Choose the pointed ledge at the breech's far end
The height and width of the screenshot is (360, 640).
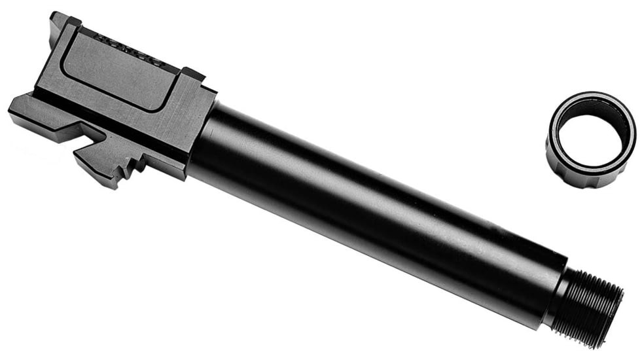coord(20,107)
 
